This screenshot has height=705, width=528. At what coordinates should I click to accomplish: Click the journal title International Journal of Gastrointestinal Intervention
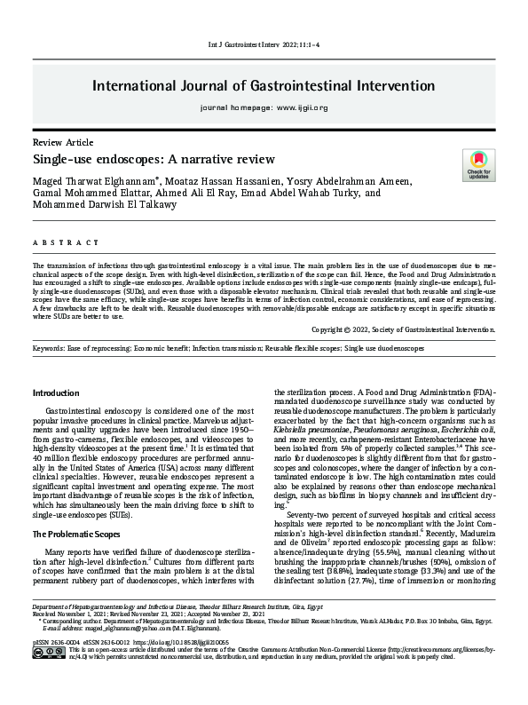[264, 86]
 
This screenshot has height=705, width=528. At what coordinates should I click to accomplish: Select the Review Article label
[61, 142]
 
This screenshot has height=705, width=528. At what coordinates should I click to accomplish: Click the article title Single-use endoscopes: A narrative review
[154, 159]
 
